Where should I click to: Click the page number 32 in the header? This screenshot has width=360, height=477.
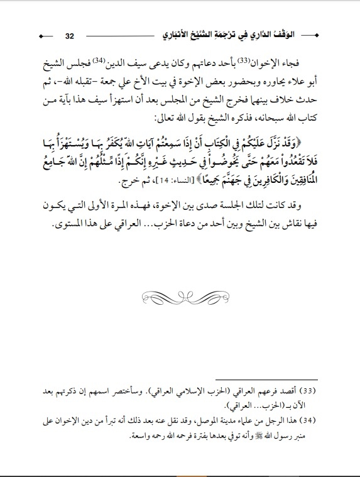[x=70, y=35]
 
